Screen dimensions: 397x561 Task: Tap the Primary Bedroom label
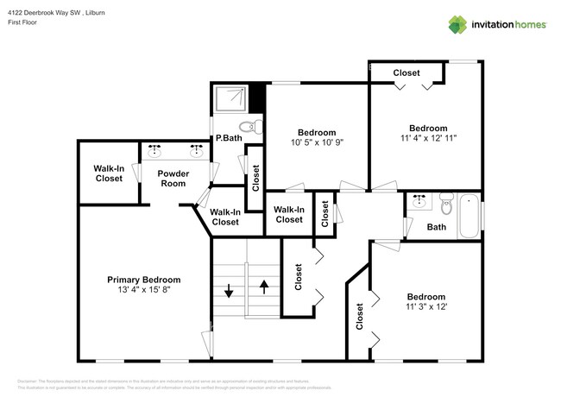pos(143,280)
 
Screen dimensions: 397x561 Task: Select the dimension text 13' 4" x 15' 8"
pos(143,290)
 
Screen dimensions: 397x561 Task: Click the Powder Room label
pos(173,178)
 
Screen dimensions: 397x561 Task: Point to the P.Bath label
pos(227,138)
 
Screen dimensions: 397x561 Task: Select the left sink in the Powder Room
pos(155,150)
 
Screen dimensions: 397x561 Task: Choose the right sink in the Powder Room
pos(198,150)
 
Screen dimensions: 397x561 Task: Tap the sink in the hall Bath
pos(419,202)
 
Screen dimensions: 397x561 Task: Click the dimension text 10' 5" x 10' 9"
pos(317,143)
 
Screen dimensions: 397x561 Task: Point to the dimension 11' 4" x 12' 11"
pos(428,137)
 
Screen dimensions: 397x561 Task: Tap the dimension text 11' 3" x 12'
pos(425,306)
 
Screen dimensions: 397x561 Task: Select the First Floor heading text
pos(23,23)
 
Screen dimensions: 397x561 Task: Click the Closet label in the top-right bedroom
pos(407,73)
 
